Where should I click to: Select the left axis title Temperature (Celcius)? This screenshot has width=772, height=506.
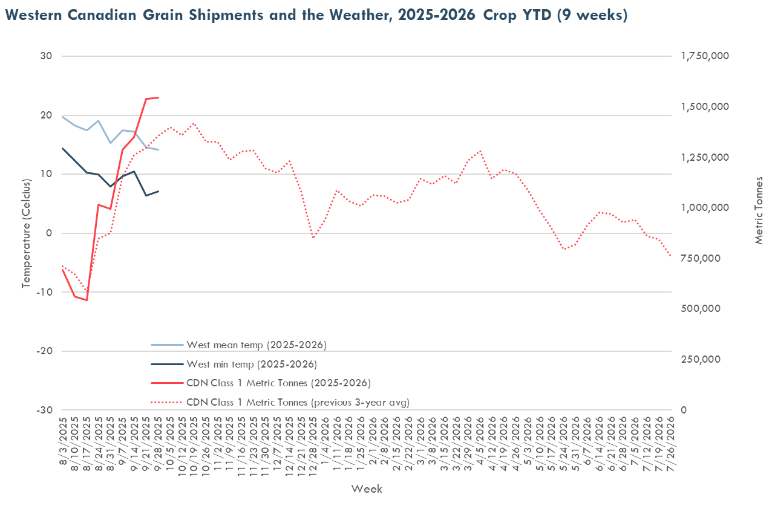tap(25, 233)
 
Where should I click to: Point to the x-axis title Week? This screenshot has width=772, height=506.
tap(367, 488)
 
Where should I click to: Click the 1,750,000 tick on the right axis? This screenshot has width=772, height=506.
tap(705, 56)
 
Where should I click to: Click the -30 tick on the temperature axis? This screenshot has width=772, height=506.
tap(45, 410)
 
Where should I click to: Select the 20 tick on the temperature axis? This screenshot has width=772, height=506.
tap(47, 115)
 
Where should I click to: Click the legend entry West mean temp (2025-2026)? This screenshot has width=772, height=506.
tap(257, 345)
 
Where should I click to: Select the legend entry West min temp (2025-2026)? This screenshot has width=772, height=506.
tap(252, 364)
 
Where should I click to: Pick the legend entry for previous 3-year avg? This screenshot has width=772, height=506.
tap(298, 401)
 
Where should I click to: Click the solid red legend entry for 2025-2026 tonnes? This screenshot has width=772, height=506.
tap(278, 383)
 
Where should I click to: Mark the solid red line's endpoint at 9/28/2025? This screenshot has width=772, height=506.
tap(159, 97)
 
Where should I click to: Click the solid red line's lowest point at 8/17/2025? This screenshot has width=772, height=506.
tap(87, 300)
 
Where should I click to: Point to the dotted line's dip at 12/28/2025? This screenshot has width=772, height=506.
tap(313, 238)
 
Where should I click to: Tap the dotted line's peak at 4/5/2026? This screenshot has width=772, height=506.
tap(480, 151)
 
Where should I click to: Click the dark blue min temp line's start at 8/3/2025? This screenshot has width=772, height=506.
tap(62, 148)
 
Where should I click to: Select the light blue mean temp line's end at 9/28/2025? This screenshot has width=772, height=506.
tap(159, 149)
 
